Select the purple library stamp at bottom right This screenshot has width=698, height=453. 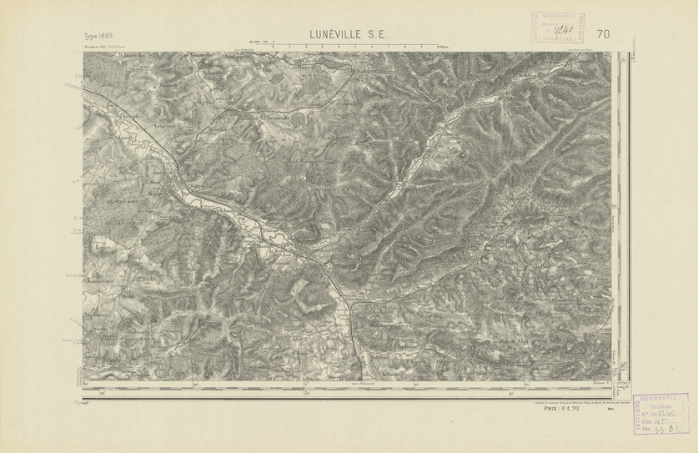click(x=664, y=415)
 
